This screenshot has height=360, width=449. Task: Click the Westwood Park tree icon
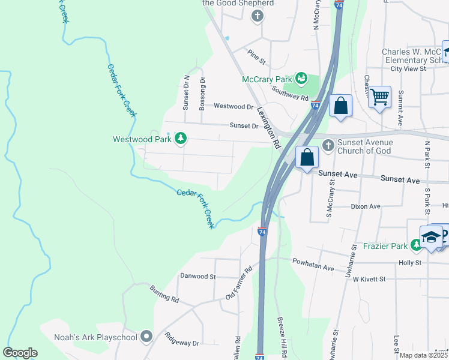pos(180,139)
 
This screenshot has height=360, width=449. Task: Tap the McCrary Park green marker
pos(301,79)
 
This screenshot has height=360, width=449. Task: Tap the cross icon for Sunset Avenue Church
pos(328,145)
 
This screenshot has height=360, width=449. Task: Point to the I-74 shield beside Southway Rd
pos(315,106)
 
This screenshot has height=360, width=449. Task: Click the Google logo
pos(20,353)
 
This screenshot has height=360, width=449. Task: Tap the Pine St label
pos(257,56)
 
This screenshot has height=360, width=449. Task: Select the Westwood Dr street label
pos(234,107)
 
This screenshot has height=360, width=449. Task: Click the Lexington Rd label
pos(269,128)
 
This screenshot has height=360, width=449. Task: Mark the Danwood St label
pos(197,277)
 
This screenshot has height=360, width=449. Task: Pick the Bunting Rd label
pos(164,294)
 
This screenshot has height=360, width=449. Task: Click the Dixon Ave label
pos(366,206)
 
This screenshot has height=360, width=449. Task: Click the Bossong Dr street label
pos(202,89)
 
